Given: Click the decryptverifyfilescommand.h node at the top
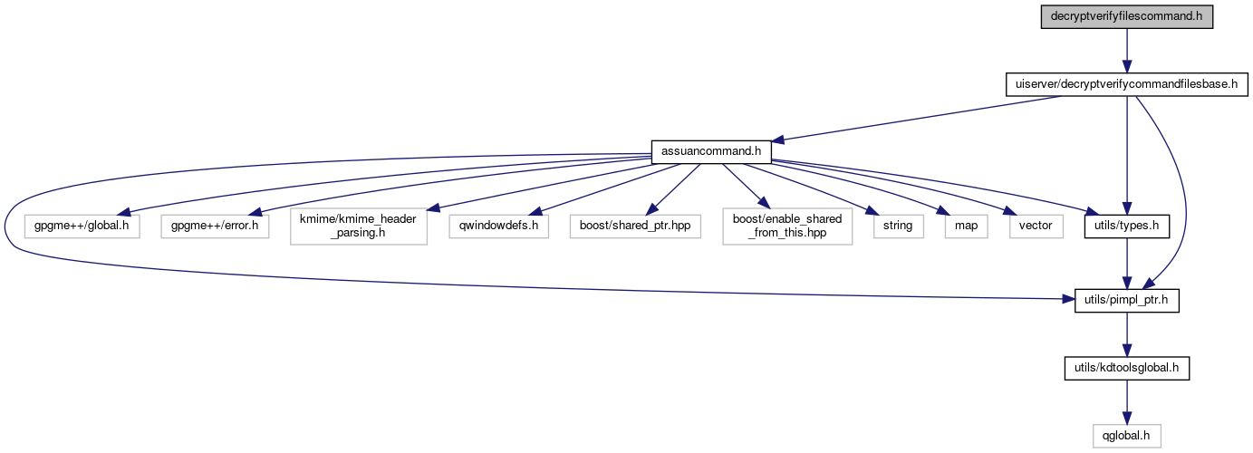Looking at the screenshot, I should click(x=1125, y=16).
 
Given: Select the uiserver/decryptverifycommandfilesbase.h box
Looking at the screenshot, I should click(x=1125, y=84).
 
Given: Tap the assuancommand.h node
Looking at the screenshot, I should click(x=711, y=151).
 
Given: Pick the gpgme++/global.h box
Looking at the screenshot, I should click(x=82, y=225).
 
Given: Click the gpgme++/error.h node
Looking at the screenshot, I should click(x=216, y=225).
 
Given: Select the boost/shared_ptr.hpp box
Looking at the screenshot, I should click(x=634, y=225).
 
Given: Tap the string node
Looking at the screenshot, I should click(x=892, y=225).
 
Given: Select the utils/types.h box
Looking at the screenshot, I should click(x=1124, y=225).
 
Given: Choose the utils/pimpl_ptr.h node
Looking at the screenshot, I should click(x=1125, y=301).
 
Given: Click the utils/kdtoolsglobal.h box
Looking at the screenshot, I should click(x=1125, y=368).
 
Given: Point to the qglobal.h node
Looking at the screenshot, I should click(x=1125, y=435).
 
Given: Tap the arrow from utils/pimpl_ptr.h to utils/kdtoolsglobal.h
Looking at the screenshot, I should click(x=1125, y=334).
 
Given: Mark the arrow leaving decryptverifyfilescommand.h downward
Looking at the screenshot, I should click(x=1125, y=50).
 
